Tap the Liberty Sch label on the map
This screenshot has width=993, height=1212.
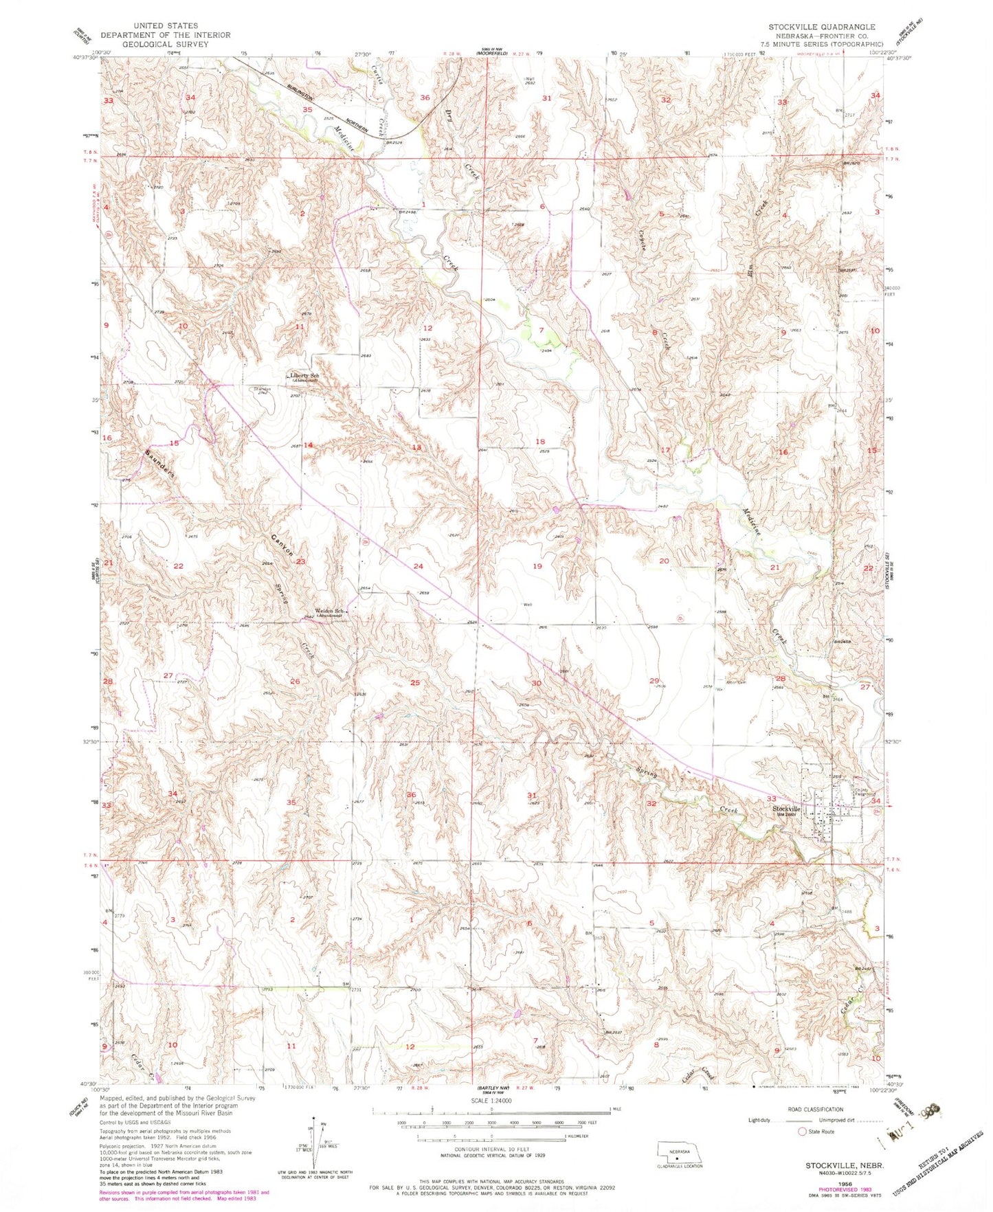click(x=304, y=376)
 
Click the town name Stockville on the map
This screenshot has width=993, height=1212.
click(x=786, y=809)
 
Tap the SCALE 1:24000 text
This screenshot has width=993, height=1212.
click(x=491, y=1101)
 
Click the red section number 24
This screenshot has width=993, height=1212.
click(x=418, y=566)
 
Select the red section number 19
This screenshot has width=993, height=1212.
click(x=537, y=566)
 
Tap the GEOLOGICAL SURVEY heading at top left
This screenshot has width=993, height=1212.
click(x=165, y=44)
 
